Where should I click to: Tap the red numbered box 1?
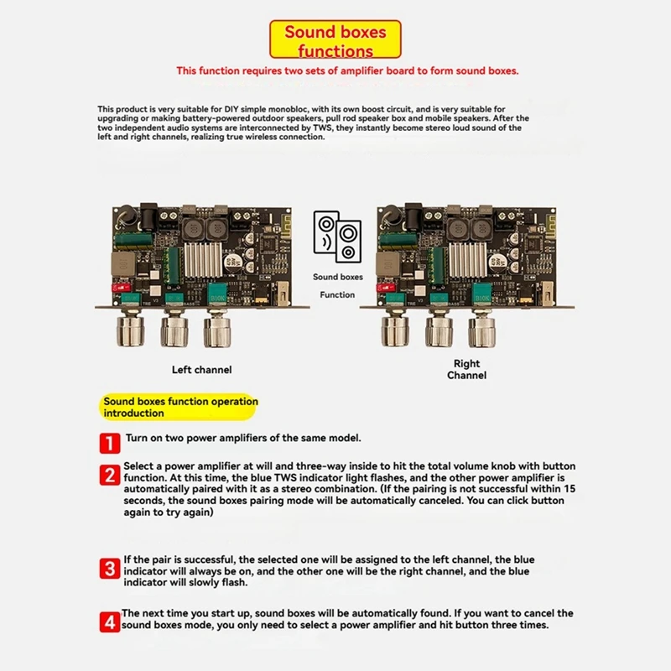[x=110, y=442]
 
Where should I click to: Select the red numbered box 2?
[x=110, y=476]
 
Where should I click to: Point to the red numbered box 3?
[x=110, y=569]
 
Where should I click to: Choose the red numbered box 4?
[x=110, y=622]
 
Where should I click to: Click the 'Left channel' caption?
[x=201, y=370]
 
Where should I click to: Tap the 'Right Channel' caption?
[x=466, y=369]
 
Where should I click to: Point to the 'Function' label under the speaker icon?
[x=337, y=295]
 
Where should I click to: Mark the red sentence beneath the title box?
[x=347, y=71]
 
